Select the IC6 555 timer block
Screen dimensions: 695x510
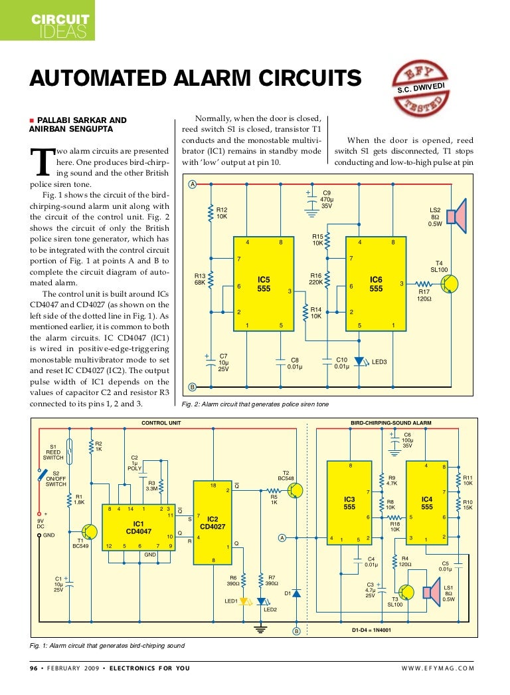376,284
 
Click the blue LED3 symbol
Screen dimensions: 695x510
359,362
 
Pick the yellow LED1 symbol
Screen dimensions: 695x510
244,601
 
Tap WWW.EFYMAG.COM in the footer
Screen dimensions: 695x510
438,668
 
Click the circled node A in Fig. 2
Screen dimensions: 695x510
192,184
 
